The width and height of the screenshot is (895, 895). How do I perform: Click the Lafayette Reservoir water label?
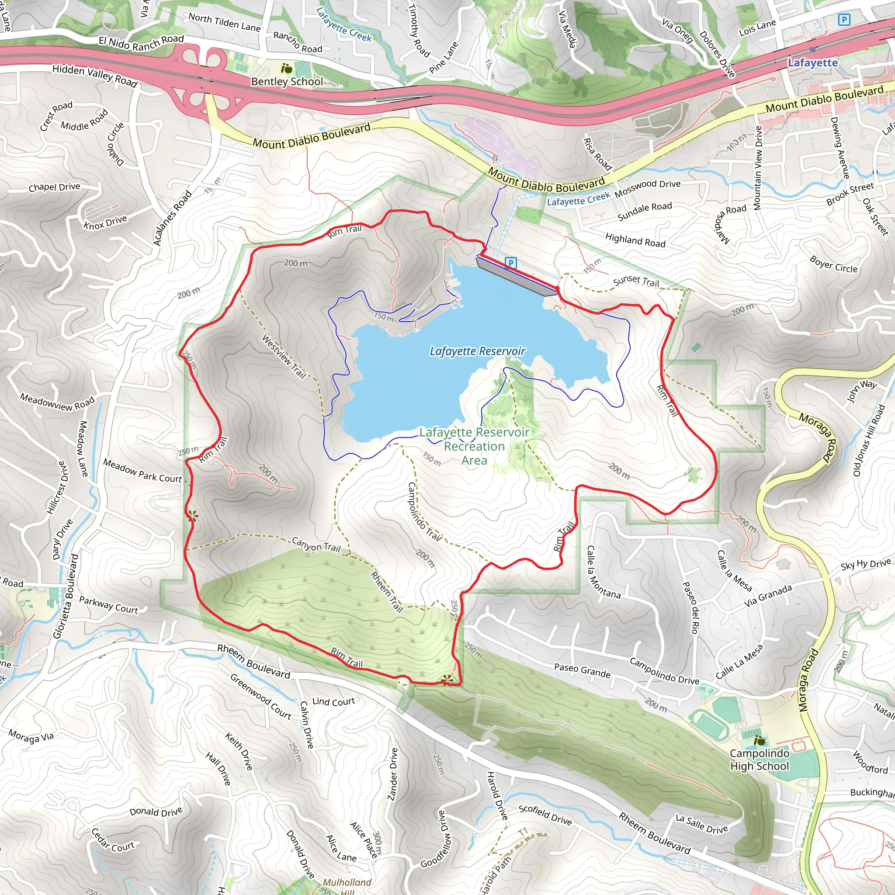click(477, 351)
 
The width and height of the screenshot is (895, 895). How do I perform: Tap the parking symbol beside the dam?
click(510, 263)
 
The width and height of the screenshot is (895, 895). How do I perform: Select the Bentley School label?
click(287, 82)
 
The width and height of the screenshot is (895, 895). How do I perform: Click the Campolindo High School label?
click(759, 760)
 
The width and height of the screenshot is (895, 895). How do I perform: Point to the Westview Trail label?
click(284, 356)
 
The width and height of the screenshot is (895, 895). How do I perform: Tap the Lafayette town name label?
click(812, 62)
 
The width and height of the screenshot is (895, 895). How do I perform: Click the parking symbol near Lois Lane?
click(844, 20)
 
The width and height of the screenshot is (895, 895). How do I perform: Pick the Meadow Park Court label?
click(142, 471)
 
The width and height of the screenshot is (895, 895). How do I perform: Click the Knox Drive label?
click(105, 222)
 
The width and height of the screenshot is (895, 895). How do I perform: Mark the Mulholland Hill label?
click(347, 886)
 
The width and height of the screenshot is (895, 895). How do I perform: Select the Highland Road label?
click(635, 239)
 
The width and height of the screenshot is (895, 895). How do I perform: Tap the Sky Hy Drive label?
click(865, 564)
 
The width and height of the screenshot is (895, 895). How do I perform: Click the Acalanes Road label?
click(172, 218)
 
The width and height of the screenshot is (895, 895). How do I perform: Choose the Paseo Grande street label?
click(582, 670)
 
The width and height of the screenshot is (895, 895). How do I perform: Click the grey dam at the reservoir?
click(517, 277)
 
